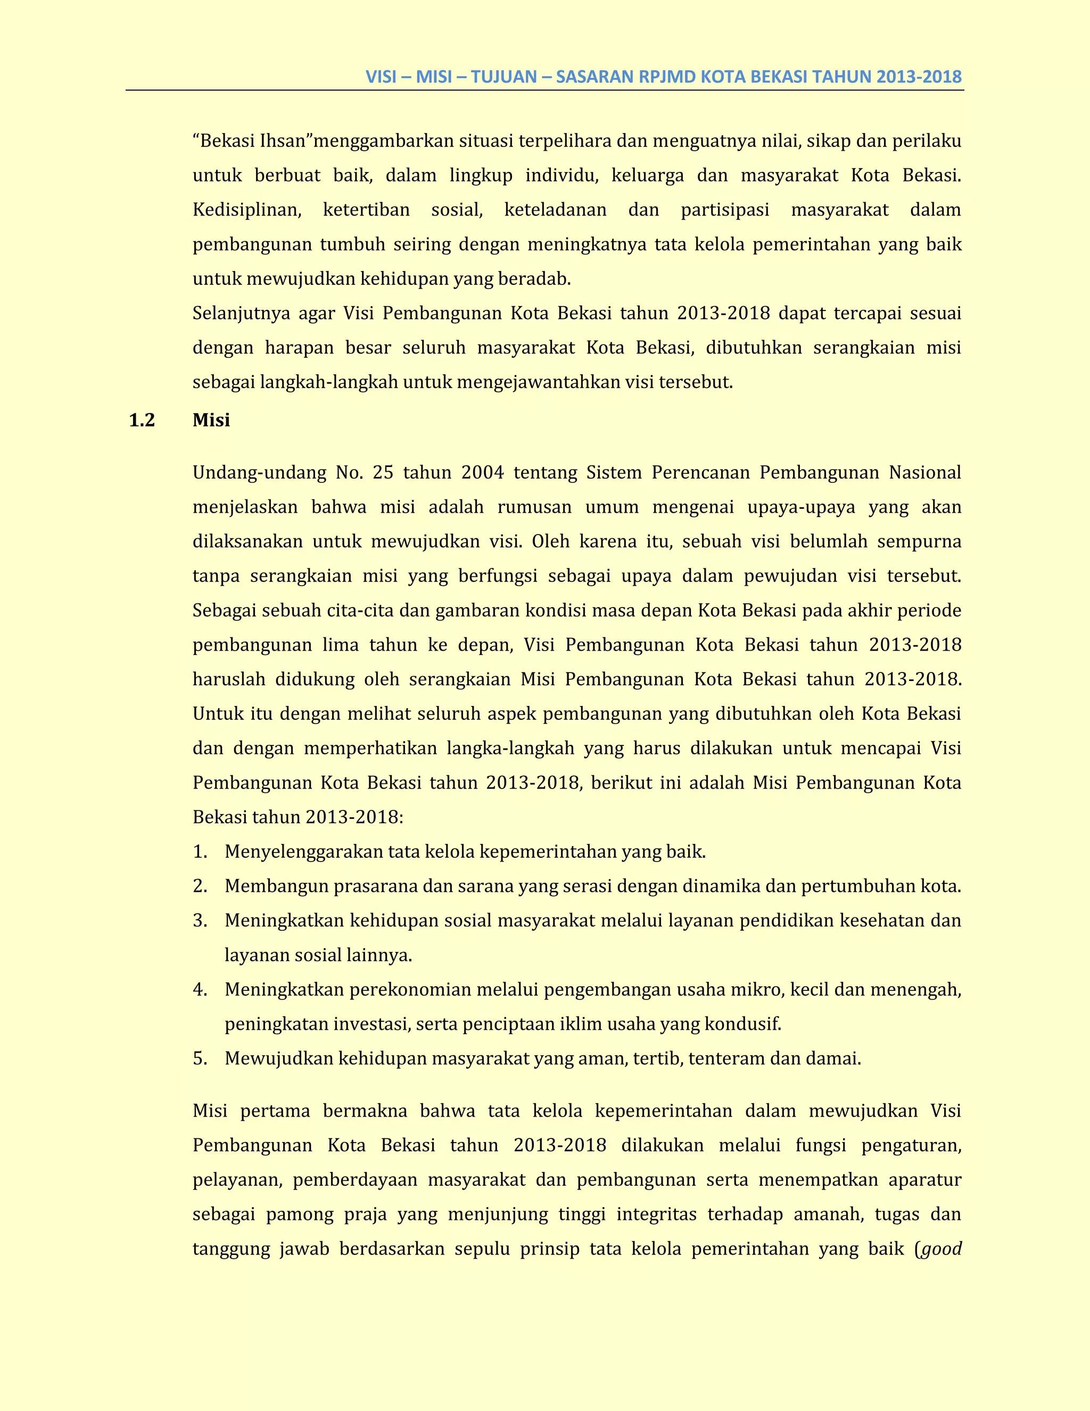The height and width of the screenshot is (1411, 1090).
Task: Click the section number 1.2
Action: [142, 421]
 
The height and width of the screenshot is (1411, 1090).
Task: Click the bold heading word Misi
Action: [211, 421]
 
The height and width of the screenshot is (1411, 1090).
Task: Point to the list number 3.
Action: [200, 921]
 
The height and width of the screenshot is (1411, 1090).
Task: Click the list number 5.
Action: [200, 1059]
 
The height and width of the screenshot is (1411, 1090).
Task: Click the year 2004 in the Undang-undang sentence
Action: [482, 473]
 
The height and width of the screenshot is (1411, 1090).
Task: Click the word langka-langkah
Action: [510, 749]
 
